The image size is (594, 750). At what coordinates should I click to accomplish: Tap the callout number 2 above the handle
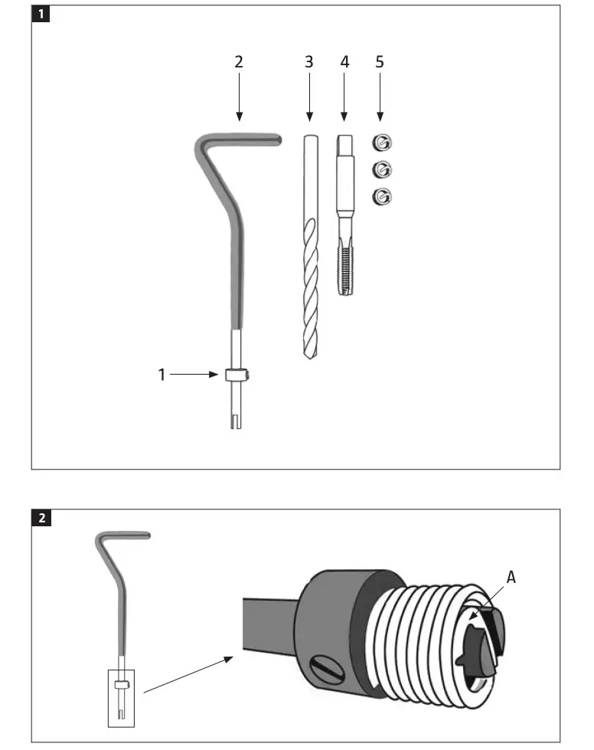[x=239, y=62]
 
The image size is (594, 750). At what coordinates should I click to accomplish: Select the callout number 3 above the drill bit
[x=309, y=62]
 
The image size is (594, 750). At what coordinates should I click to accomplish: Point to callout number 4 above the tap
[x=344, y=62]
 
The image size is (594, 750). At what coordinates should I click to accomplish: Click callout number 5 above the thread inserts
[x=380, y=62]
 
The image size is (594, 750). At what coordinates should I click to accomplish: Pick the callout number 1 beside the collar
[x=162, y=375]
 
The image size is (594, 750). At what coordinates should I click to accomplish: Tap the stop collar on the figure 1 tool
[x=237, y=375]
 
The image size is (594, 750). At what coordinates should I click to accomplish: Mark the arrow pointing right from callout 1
[x=195, y=375]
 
